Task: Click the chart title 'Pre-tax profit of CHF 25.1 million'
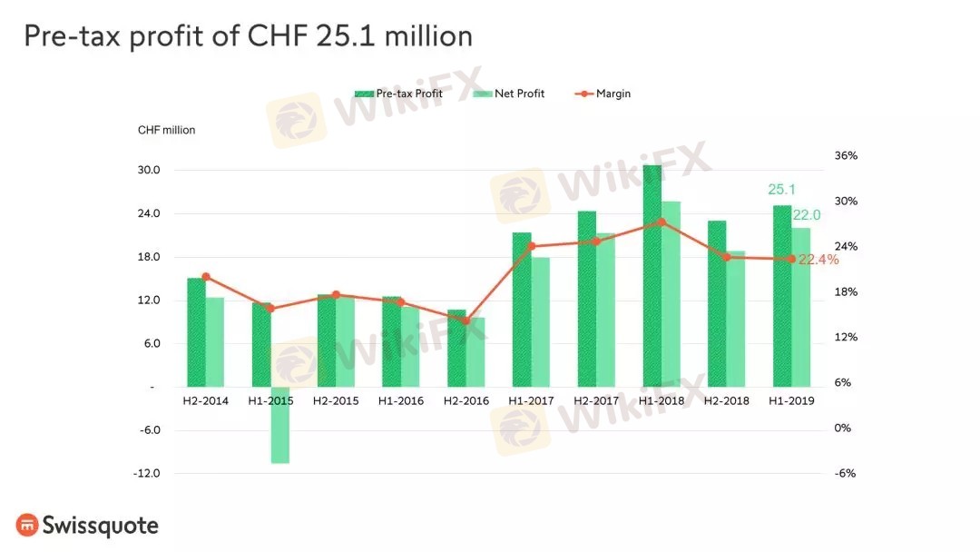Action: click(248, 36)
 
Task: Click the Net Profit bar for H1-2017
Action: click(541, 321)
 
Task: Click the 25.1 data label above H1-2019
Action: click(781, 190)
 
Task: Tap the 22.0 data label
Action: click(807, 214)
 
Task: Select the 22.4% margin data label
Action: click(818, 260)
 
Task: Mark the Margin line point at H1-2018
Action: click(661, 222)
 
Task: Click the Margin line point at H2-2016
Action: click(465, 320)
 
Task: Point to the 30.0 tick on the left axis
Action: click(148, 171)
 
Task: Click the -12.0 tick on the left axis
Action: click(148, 473)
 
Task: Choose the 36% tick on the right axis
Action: click(846, 156)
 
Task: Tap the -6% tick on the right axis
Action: click(846, 473)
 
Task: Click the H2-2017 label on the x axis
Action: click(595, 400)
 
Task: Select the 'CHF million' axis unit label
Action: click(166, 130)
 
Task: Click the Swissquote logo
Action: click(87, 526)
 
